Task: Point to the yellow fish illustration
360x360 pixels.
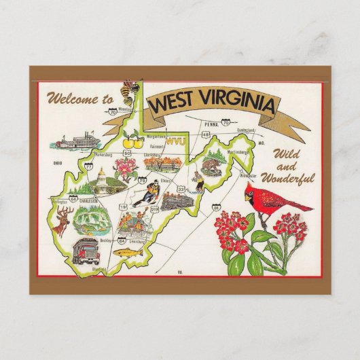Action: (125, 253)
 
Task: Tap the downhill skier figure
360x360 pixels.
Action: (147, 193)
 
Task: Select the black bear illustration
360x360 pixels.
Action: (211, 166)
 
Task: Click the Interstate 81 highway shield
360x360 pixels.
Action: (216, 206)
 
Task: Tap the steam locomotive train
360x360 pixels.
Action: (178, 200)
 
